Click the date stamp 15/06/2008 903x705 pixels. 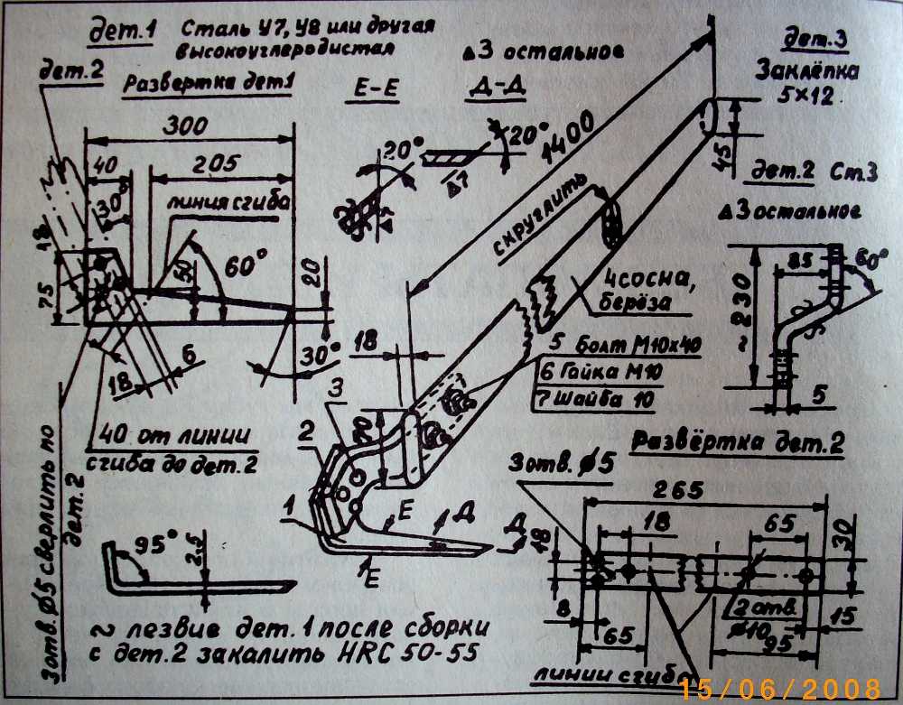click(x=780, y=689)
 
